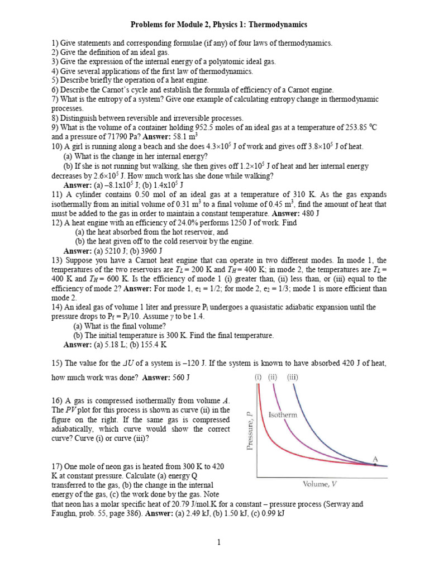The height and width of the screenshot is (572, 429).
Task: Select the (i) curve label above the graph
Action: tap(259, 377)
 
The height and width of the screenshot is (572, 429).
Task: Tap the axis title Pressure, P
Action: tap(250, 430)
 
